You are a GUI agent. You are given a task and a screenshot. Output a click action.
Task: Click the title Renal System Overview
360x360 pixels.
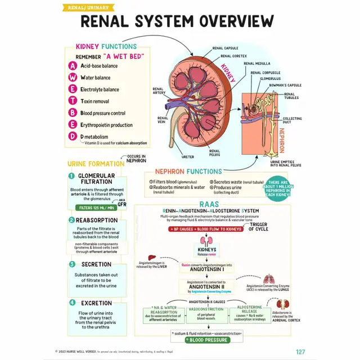point(177,21)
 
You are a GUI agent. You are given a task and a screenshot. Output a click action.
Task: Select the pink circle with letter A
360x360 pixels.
point(73,66)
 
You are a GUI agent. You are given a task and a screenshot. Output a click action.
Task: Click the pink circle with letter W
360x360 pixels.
point(73,78)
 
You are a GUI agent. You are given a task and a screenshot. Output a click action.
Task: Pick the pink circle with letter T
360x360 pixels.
point(73,101)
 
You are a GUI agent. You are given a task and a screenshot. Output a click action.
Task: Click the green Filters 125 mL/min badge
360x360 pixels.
point(96,208)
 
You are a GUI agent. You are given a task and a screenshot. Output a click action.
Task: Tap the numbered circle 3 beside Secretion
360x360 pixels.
point(72,264)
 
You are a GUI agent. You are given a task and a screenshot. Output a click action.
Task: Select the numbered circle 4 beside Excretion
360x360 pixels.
point(72,302)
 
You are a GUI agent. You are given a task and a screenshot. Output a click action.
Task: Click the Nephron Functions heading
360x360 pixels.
point(188,171)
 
